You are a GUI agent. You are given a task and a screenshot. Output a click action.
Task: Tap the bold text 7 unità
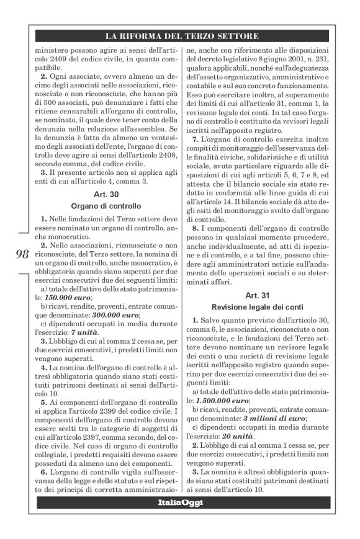(89, 332)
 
